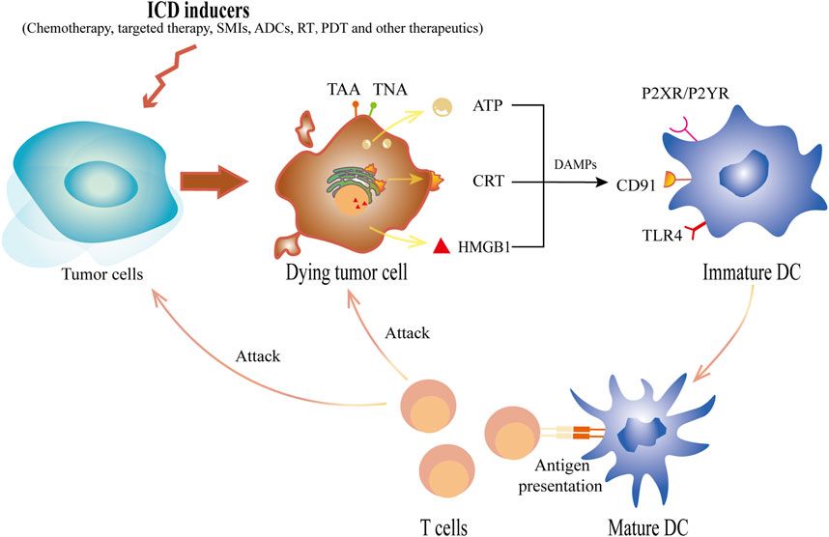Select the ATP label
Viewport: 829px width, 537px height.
[x=491, y=102]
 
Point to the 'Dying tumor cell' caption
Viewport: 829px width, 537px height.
[x=345, y=274]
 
